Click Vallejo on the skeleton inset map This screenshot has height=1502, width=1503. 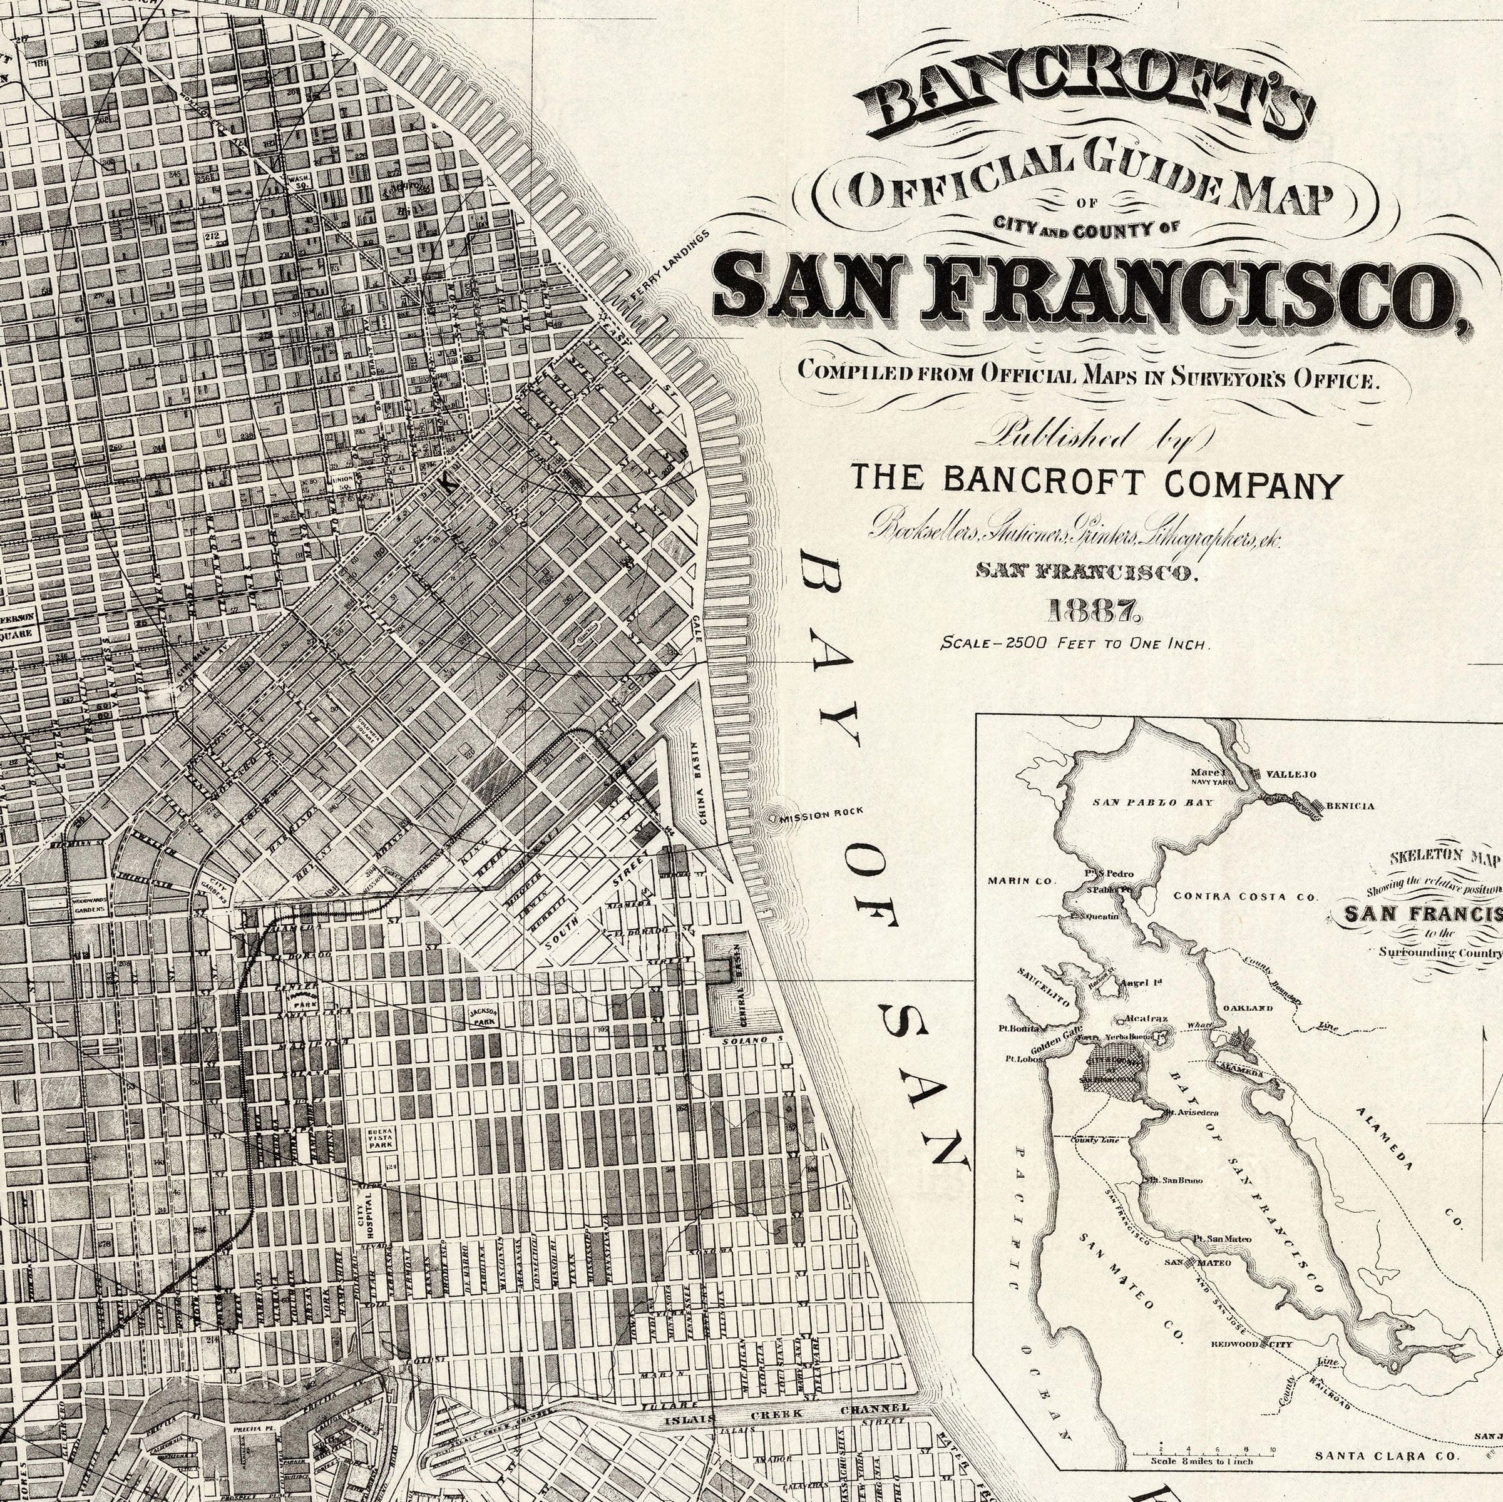coord(1291,775)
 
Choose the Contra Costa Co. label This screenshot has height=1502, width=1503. coord(1246,896)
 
